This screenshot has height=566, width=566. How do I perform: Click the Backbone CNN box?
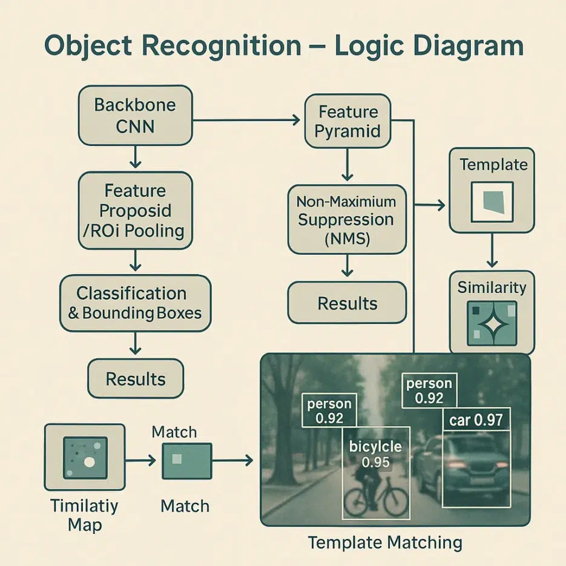tap(135, 115)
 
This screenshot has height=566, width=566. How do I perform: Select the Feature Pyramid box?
tap(347, 121)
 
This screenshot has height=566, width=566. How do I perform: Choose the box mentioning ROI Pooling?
tap(136, 211)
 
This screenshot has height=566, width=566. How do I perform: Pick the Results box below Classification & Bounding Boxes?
tap(136, 379)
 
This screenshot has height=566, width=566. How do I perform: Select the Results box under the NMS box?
tap(347, 303)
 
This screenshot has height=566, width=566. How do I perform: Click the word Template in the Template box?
tap(493, 165)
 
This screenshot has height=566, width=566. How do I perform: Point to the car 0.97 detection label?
tap(476, 420)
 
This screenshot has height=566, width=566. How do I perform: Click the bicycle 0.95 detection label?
tap(375, 454)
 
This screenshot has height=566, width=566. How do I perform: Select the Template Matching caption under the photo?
tap(385, 541)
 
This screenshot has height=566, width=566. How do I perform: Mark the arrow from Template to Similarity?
tap(492, 251)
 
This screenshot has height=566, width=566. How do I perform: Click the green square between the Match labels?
tap(186, 461)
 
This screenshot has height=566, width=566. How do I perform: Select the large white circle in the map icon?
tap(89, 462)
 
